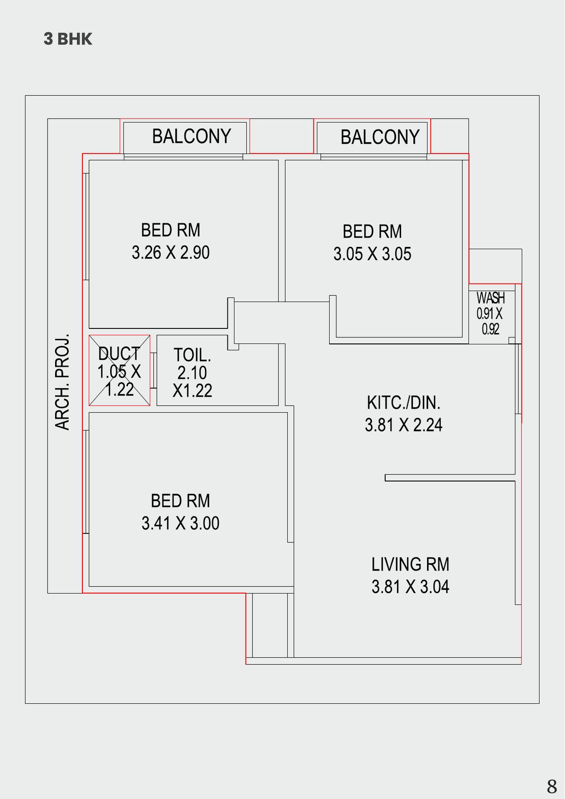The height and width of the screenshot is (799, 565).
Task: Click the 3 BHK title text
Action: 68,39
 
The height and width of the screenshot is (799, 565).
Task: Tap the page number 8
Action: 552,786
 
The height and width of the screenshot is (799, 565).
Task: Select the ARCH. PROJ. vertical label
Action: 63,382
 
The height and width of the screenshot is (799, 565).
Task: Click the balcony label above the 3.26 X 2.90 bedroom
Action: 191,137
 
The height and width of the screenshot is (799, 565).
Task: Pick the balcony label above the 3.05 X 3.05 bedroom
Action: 379,138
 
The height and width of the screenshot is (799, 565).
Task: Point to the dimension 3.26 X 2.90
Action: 170,253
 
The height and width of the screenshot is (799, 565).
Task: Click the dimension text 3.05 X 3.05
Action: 372,254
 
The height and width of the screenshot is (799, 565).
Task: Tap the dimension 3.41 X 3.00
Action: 180,523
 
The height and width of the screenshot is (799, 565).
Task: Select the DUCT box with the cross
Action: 120,371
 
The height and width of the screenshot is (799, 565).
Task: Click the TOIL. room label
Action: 192,355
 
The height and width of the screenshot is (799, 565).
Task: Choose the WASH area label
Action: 490,298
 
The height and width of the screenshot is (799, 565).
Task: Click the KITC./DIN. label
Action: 404,403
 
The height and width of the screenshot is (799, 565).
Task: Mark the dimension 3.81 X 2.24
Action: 404,425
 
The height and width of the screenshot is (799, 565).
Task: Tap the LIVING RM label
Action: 410,564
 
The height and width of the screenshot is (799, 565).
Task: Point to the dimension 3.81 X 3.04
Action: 410,587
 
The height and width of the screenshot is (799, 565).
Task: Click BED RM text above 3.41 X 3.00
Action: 180,501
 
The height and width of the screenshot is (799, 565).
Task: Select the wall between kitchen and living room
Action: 450,478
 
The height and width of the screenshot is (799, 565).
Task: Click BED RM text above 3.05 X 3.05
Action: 372,232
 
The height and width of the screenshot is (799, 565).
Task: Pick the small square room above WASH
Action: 495,266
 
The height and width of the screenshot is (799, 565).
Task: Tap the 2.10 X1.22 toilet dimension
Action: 192,382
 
